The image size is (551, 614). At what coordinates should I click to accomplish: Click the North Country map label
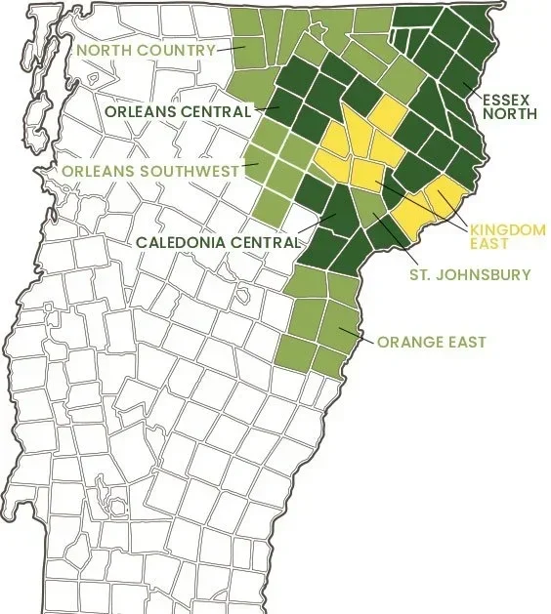[147, 51]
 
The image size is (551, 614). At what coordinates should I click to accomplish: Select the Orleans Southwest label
[151, 171]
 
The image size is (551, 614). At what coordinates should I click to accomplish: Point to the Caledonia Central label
[216, 240]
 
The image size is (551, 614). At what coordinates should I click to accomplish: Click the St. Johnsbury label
[470, 275]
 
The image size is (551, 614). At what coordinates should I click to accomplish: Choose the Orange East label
[432, 342]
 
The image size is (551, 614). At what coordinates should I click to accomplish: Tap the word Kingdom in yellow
[507, 228]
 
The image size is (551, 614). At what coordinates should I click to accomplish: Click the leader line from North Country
[230, 46]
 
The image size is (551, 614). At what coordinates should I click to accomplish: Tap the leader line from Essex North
[473, 91]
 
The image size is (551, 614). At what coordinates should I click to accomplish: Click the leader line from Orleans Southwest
[251, 166]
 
